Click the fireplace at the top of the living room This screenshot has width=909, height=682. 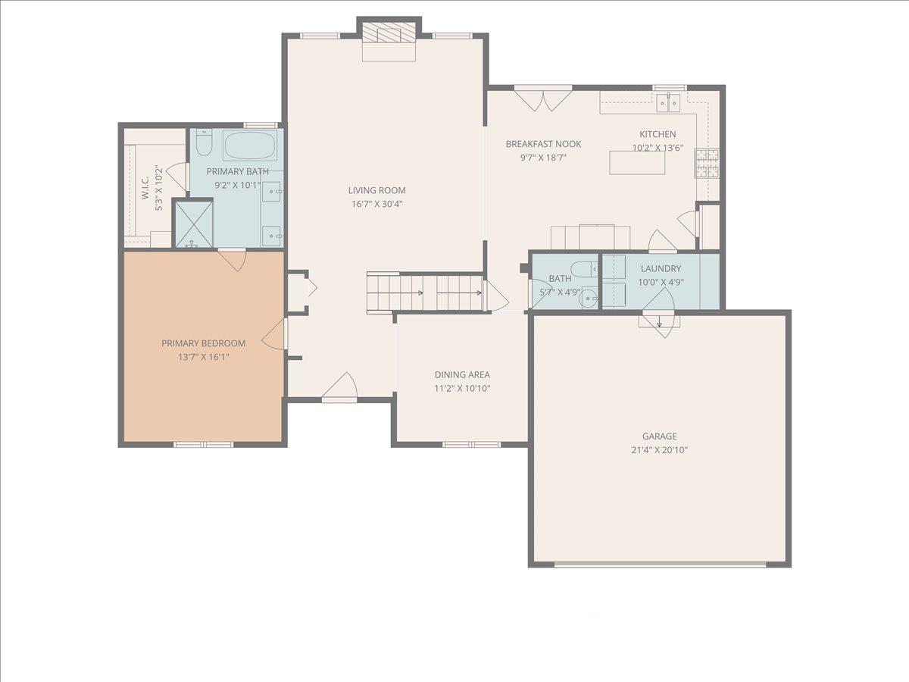click(x=389, y=34)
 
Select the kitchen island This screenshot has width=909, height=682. click(x=637, y=162)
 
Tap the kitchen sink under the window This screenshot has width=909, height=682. click(x=668, y=102)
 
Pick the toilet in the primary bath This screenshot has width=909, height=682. click(x=204, y=142)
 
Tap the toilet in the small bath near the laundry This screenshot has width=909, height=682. click(x=583, y=270)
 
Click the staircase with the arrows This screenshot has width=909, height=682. click(x=425, y=292)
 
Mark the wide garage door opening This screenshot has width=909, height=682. click(x=660, y=564)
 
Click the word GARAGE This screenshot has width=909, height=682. click(x=659, y=436)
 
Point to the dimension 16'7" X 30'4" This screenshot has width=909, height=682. click(x=376, y=204)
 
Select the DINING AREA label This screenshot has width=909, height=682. click(x=461, y=374)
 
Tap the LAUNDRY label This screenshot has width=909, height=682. click(x=661, y=268)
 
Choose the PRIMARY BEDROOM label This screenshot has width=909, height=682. click(x=204, y=343)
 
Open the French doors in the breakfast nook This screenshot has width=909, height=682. click(x=542, y=99)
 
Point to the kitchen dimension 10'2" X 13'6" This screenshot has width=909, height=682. click(x=658, y=148)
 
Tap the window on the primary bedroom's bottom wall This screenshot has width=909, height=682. click(x=204, y=444)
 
